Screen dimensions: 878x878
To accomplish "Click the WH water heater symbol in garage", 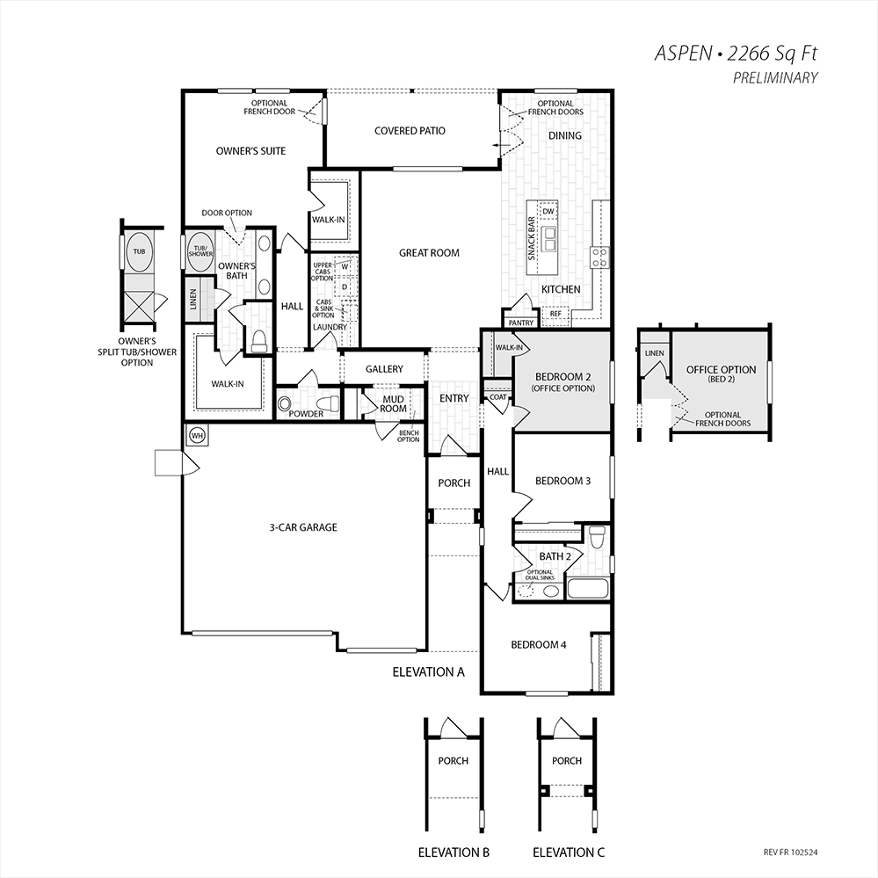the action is pos(197,435).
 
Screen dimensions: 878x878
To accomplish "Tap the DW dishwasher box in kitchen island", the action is pos(548,211).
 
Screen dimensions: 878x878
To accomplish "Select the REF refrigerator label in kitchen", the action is pos(555,314).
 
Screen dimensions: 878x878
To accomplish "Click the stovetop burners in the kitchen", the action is pos(599,257).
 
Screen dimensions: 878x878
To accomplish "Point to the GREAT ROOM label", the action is pos(429,253).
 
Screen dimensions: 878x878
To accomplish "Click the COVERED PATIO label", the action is pos(410,131).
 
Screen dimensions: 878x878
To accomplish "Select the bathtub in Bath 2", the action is pos(588,589).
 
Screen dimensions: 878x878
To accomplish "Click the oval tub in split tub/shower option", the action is pos(139,252).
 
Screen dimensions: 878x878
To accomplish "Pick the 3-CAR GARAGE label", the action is pos(303,527).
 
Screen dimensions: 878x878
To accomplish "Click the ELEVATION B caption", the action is pos(454,853).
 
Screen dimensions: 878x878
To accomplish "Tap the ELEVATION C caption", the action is pos(569,853).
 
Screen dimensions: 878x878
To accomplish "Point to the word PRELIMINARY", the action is pos(775,78).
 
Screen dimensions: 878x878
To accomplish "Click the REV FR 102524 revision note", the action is pos(791,853).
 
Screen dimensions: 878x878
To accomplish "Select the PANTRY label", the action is pos(521,323).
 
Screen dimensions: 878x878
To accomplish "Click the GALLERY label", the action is pos(384,369).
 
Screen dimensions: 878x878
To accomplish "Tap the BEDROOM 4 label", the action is pos(539,645).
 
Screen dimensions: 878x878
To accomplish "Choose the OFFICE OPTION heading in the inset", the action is pos(722,369).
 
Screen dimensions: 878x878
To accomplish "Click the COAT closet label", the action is pos(497,397).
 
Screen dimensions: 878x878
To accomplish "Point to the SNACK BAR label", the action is pos(532,238).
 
